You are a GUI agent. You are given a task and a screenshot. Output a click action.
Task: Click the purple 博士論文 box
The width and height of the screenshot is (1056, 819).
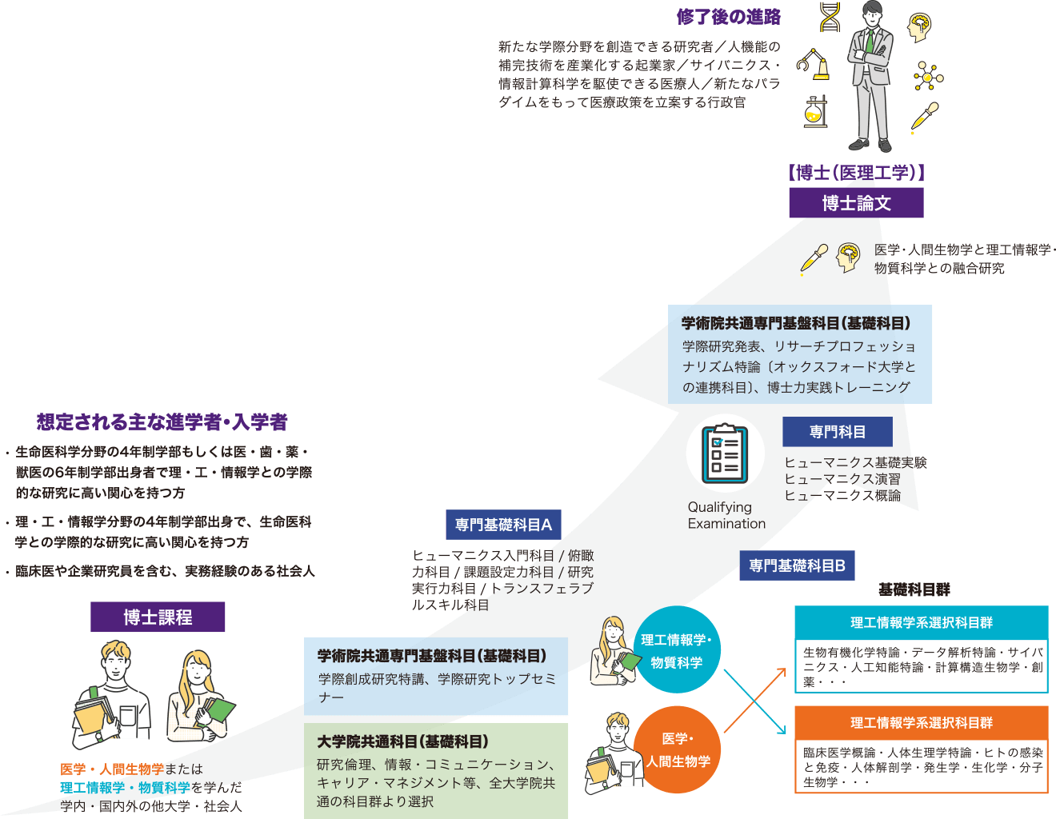point(856,203)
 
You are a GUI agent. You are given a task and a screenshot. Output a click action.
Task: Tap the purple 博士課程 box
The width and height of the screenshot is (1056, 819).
point(158,617)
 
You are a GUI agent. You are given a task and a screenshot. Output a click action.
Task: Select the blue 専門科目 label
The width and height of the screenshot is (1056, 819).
point(837,432)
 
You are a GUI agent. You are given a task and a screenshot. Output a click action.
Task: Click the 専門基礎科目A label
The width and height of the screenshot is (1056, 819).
point(503,525)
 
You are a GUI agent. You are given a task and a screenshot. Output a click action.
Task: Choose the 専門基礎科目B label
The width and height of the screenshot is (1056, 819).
point(797,565)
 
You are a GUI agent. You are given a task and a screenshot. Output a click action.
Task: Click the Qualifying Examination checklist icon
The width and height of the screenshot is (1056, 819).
point(725,453)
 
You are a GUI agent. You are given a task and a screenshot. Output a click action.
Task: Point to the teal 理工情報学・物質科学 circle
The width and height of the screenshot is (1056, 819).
point(677,650)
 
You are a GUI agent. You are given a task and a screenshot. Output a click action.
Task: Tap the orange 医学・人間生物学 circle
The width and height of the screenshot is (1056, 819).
point(678,750)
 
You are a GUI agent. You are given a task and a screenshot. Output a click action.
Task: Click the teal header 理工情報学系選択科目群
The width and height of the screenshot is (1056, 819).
point(921,622)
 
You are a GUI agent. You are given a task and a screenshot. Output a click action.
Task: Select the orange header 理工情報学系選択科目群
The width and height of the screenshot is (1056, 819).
point(921,722)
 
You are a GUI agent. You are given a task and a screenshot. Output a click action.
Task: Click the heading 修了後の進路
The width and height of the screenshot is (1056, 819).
point(728,17)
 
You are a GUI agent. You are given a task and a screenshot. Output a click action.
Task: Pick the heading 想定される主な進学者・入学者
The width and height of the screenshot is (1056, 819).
point(162,421)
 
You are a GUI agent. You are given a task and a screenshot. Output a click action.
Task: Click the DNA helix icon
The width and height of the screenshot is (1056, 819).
point(830,17)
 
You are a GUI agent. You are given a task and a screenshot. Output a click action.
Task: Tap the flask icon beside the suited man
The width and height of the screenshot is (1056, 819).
point(814,111)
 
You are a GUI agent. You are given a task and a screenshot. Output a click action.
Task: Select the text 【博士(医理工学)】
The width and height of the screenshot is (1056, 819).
point(856,172)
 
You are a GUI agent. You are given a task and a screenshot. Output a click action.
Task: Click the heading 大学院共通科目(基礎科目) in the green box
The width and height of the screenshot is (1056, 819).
point(402,741)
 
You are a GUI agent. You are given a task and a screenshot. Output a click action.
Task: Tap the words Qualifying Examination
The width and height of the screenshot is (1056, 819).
point(726,515)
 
